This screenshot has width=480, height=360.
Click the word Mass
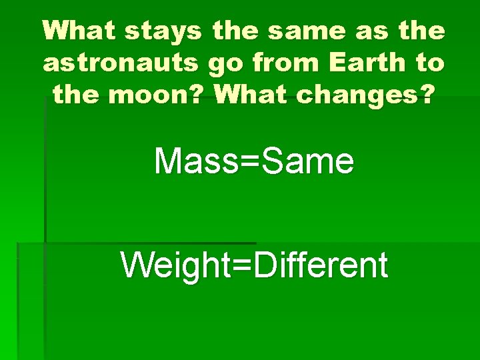(x=196, y=161)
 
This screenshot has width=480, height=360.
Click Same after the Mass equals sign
(x=308, y=161)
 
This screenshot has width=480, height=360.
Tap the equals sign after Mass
(x=250, y=162)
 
